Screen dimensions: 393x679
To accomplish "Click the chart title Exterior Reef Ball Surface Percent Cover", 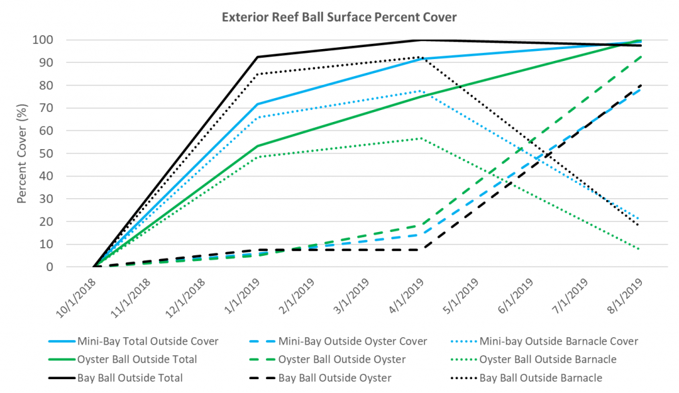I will [339, 16].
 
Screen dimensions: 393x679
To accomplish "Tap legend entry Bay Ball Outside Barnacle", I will [540, 378].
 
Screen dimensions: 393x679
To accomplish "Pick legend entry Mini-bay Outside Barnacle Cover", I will [558, 341].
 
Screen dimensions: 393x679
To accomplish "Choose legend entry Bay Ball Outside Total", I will [130, 378].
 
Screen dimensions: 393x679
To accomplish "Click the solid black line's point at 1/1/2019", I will [257, 57].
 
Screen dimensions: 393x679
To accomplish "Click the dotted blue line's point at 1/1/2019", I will [257, 117].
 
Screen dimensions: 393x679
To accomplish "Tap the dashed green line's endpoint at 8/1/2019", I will [640, 56].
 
